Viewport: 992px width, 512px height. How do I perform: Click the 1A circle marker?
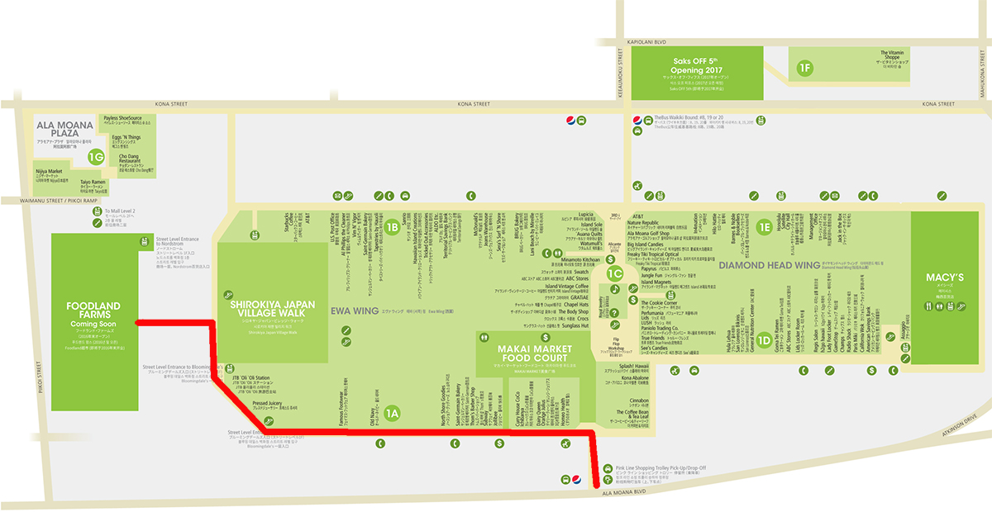(x=392, y=413)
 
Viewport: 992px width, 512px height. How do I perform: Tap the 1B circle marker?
(x=392, y=225)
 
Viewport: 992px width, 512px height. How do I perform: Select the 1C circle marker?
(x=613, y=273)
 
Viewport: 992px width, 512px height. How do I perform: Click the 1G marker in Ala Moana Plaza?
(x=97, y=155)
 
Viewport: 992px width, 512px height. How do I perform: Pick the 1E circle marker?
(x=764, y=225)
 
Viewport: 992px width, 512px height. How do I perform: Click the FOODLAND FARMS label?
(x=92, y=311)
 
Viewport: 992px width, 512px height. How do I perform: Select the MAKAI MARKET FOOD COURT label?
(x=545, y=354)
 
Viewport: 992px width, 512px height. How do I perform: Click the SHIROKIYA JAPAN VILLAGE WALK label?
(x=272, y=310)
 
